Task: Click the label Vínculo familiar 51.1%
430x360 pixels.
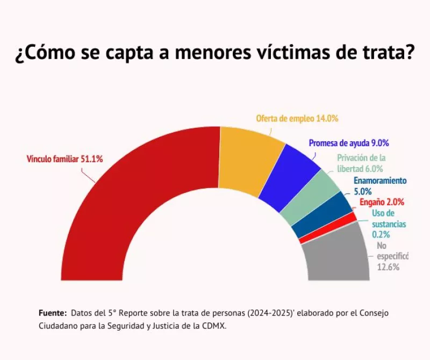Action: tap(64, 159)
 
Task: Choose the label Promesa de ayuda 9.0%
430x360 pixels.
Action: tap(348, 143)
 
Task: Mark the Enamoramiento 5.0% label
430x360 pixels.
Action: tap(380, 185)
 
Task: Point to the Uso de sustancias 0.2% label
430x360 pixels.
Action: tap(389, 224)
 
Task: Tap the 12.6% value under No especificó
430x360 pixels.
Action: tap(388, 267)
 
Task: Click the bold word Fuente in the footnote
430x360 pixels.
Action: tap(53, 313)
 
